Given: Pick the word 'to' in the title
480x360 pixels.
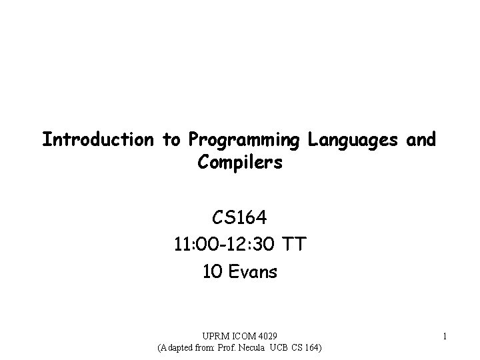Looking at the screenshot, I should coord(171,140).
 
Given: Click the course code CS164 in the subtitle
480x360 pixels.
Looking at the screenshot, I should coord(240,218).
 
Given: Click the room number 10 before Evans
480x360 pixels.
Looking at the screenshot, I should coord(211,271).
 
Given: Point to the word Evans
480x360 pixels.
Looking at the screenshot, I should coord(253,271).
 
